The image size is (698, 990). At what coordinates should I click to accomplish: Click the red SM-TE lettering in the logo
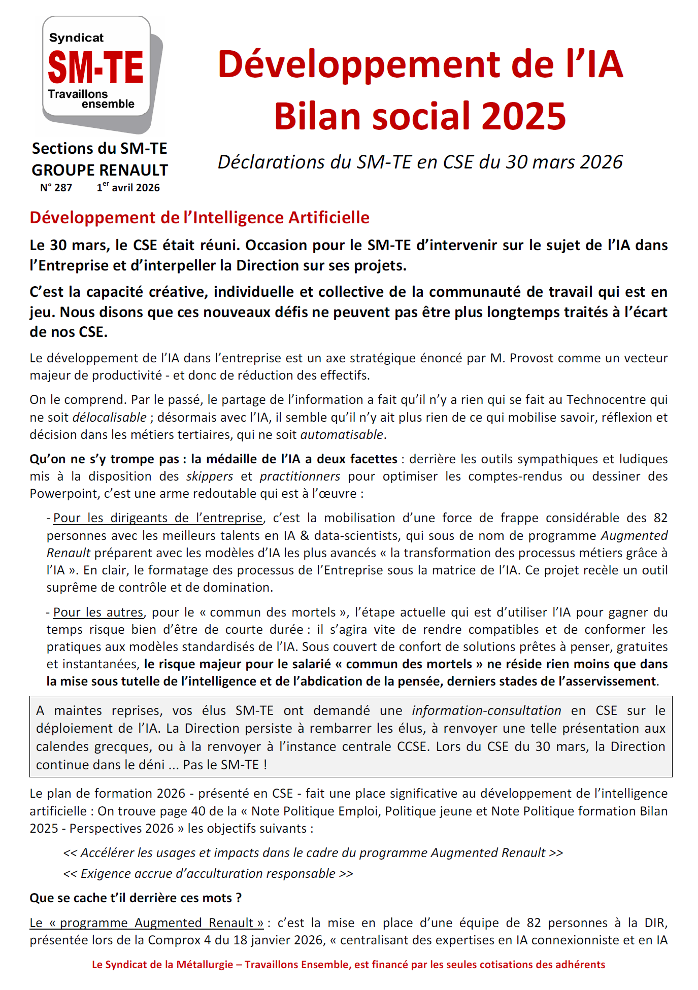pos(95,67)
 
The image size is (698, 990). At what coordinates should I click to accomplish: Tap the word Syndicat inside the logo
pos(76,38)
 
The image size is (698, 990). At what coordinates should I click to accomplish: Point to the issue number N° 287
pos(56,188)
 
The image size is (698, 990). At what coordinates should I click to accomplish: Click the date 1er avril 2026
pos(128,188)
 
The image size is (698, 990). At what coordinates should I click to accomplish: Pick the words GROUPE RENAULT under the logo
pos(99,170)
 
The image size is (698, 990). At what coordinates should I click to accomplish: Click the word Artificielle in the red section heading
pos(328,217)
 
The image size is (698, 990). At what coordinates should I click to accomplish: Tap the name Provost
pos(530,358)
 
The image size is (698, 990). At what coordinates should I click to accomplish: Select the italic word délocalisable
pos(109,418)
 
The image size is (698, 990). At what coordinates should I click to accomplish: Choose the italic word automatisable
pos(342,435)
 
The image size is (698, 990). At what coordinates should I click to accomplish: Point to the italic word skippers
pos(210,476)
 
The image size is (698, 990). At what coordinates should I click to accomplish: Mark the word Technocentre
pos(607,400)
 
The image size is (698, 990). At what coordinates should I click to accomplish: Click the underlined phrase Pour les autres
pos(98,612)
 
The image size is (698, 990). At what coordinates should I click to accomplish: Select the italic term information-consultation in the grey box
pos(486,711)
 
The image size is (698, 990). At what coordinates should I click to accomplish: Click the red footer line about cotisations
pos(348,965)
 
